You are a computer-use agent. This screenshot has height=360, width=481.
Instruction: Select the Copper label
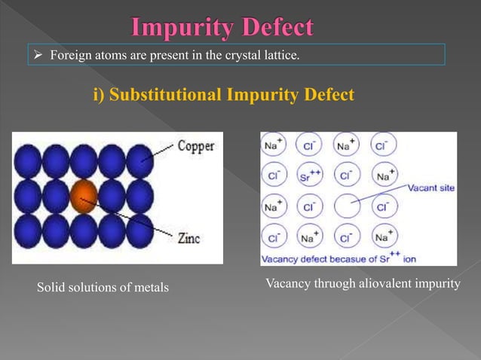tap(195, 146)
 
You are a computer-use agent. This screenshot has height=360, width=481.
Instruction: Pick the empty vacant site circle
tap(347, 204)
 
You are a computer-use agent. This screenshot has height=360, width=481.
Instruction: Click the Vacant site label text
tap(430, 188)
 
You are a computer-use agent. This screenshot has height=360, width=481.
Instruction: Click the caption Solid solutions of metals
tap(103, 288)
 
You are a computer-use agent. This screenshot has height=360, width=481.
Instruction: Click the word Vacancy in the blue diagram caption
tap(280, 258)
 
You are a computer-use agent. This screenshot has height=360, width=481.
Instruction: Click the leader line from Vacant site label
tap(381, 195)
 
